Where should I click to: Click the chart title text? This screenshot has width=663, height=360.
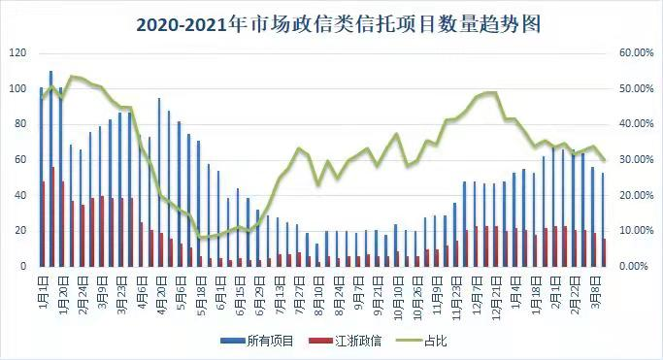click(x=331, y=22)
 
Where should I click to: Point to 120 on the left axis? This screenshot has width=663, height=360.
click(x=17, y=53)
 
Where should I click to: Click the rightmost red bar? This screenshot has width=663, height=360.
click(x=606, y=252)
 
